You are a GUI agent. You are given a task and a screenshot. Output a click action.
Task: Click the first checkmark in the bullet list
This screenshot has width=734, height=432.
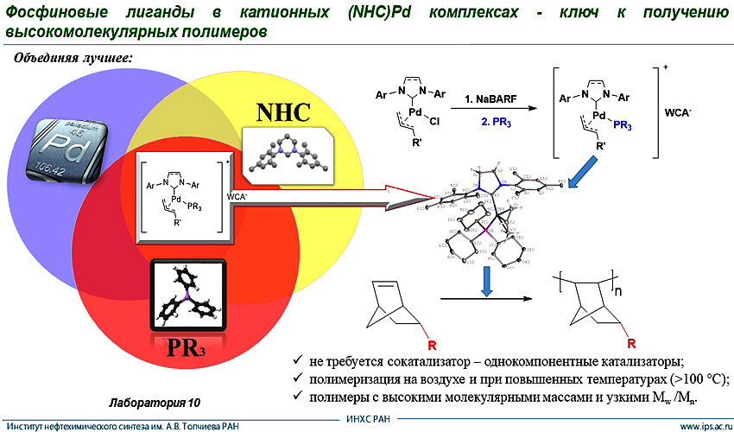tap(298, 359)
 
